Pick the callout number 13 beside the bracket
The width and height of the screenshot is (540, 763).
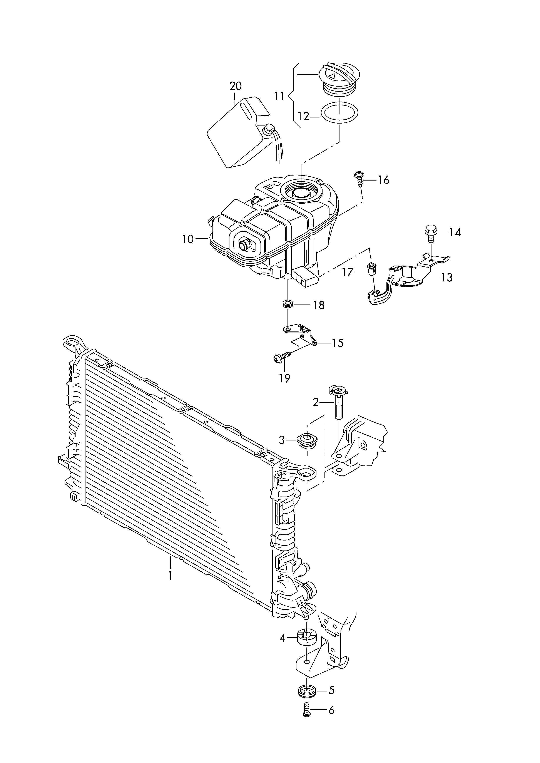click(447, 277)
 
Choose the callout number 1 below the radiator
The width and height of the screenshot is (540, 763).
click(171, 576)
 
